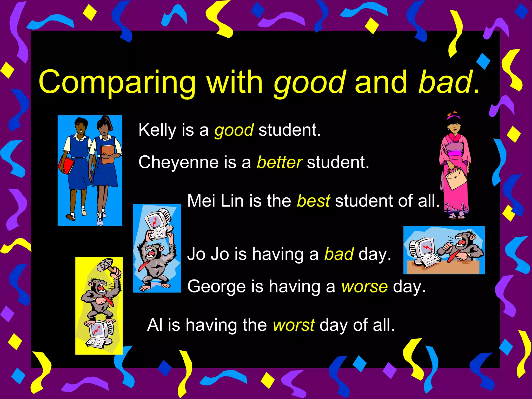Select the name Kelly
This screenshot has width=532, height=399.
[157, 130]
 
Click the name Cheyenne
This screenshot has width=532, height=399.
[178, 162]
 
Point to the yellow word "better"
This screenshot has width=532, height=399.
[279, 162]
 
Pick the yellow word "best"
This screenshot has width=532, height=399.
[313, 201]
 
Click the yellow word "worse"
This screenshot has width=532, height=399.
[364, 287]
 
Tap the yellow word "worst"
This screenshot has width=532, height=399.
[294, 325]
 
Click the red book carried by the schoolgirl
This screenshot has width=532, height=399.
[66, 164]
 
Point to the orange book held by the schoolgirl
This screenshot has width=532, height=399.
[107, 154]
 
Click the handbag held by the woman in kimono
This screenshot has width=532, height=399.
[456, 178]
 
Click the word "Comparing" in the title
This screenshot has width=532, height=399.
[117, 83]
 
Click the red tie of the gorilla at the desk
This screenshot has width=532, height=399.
[452, 256]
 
